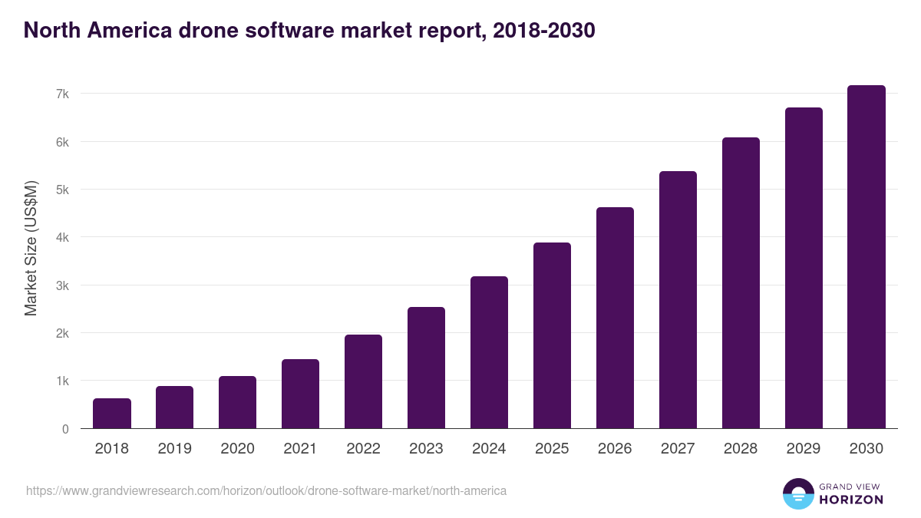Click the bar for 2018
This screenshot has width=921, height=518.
click(x=112, y=414)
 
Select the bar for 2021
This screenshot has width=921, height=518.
click(x=300, y=394)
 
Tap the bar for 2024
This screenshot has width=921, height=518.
click(x=489, y=352)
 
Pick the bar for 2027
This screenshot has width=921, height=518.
click(x=678, y=299)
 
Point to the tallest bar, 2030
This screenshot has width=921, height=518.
click(x=867, y=257)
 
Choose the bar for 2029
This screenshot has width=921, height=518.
click(x=804, y=268)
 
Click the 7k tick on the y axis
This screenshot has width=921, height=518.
click(x=62, y=94)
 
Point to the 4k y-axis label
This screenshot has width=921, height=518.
click(x=62, y=238)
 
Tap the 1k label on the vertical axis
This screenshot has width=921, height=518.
click(x=62, y=381)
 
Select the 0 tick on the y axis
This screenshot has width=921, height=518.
click(x=66, y=430)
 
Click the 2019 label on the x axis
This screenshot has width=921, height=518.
click(x=175, y=449)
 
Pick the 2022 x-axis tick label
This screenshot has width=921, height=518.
click(x=363, y=449)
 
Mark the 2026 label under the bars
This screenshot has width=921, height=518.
click(x=615, y=449)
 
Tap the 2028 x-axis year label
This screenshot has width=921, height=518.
click(x=741, y=449)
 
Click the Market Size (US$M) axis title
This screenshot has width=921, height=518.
click(x=31, y=248)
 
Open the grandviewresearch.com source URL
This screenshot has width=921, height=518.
click(x=266, y=490)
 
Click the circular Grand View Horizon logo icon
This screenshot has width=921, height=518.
click(x=797, y=493)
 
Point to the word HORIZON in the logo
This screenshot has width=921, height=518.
click(x=851, y=500)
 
